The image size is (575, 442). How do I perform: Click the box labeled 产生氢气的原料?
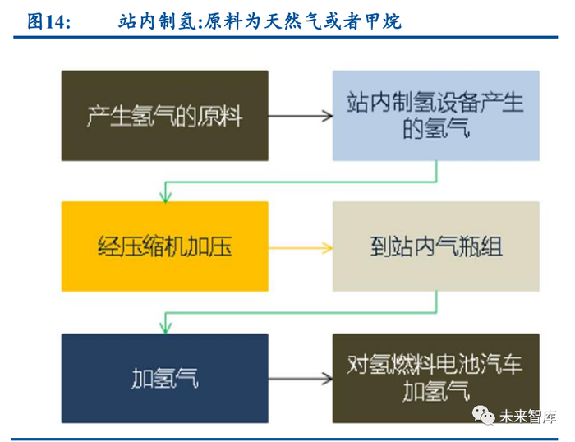[x=164, y=116]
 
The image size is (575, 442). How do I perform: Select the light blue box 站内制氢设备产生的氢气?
[x=435, y=116]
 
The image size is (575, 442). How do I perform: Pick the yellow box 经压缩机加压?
[x=164, y=246]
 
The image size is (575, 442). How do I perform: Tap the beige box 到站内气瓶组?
[x=435, y=246]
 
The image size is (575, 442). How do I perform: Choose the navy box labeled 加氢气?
[x=164, y=379]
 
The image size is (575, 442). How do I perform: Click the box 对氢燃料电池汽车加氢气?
[x=435, y=379]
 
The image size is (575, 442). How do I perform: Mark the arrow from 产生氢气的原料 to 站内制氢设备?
[x=300, y=116]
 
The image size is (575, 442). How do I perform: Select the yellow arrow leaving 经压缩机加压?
[x=300, y=246]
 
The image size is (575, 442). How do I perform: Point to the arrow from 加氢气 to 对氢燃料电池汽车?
[x=300, y=379]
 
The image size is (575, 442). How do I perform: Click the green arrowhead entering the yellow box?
[x=165, y=198]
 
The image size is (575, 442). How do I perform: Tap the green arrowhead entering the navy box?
[x=165, y=329]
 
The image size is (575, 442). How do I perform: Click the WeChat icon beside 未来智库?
[x=483, y=416]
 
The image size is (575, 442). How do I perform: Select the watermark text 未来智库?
[x=525, y=417]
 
